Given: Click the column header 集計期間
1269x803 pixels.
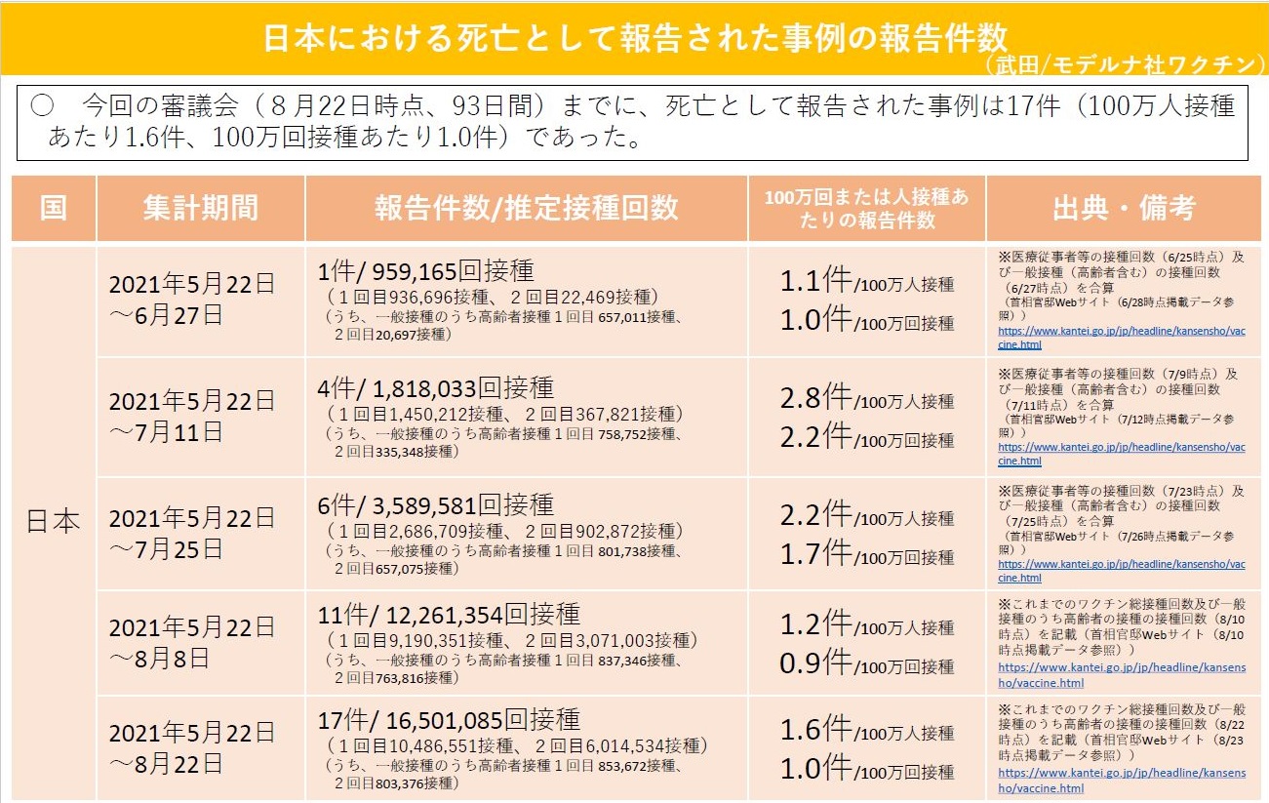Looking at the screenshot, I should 200,208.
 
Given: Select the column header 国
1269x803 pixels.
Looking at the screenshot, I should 54,208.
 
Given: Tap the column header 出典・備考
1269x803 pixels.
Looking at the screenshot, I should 1124,208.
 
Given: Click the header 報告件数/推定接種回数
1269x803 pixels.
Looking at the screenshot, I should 526,208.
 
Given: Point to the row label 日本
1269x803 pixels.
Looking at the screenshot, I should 54,522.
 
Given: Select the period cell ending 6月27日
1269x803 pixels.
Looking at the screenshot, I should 191,300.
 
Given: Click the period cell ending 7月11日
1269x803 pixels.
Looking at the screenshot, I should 191,417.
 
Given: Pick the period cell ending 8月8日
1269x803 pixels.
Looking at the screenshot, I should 191,642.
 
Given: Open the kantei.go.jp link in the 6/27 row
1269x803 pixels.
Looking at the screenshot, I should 1121,337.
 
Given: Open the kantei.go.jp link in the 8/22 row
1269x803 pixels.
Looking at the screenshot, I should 1121,781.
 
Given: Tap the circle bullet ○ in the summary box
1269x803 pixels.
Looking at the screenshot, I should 42,106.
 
